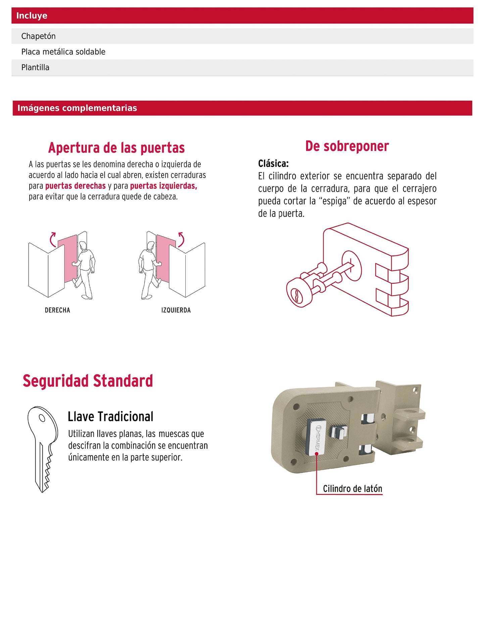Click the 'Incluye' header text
[x=32, y=16]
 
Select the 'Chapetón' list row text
[x=38, y=36]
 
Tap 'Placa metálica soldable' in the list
[x=63, y=52]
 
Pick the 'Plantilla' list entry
[x=35, y=67]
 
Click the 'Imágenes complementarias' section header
[x=77, y=108]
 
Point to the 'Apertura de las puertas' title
[x=116, y=148]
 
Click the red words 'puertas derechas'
[x=76, y=186]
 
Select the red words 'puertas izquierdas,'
[x=163, y=186]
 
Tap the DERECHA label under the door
[x=57, y=310]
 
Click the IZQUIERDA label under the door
[x=176, y=310]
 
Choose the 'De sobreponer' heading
[x=347, y=146]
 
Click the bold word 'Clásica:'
[x=273, y=164]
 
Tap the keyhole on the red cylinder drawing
[x=297, y=295]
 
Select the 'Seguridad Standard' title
[x=88, y=381]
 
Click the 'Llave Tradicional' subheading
[x=110, y=417]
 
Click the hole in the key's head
[x=42, y=418]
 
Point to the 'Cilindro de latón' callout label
[x=352, y=489]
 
